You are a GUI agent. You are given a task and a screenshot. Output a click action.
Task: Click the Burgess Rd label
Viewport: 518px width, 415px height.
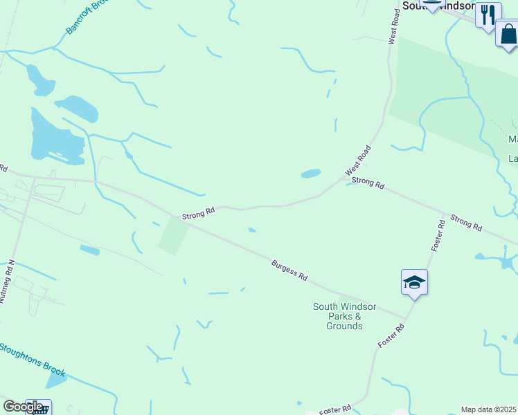point(289,270)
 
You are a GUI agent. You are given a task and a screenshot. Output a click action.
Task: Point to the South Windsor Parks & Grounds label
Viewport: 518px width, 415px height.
point(344,316)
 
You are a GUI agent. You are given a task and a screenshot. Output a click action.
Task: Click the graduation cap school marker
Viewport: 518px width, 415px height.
point(414,282)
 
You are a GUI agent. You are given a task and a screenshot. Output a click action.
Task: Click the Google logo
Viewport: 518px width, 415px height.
point(23,407)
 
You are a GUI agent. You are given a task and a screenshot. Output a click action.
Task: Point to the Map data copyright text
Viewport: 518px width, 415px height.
point(489,409)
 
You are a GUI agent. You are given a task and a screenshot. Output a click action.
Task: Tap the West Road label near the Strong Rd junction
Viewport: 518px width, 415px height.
point(358,160)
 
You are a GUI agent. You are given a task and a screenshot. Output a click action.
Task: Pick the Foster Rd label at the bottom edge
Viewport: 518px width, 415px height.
point(335,409)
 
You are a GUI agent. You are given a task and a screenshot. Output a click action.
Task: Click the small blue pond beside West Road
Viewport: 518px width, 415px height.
point(311,174)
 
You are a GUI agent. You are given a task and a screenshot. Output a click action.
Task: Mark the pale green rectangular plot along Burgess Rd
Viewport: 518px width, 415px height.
point(173,235)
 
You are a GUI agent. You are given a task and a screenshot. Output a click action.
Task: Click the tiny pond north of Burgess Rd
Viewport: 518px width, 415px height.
point(251,230)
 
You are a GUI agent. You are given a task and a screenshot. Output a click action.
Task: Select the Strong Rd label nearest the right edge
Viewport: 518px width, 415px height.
point(466,222)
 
